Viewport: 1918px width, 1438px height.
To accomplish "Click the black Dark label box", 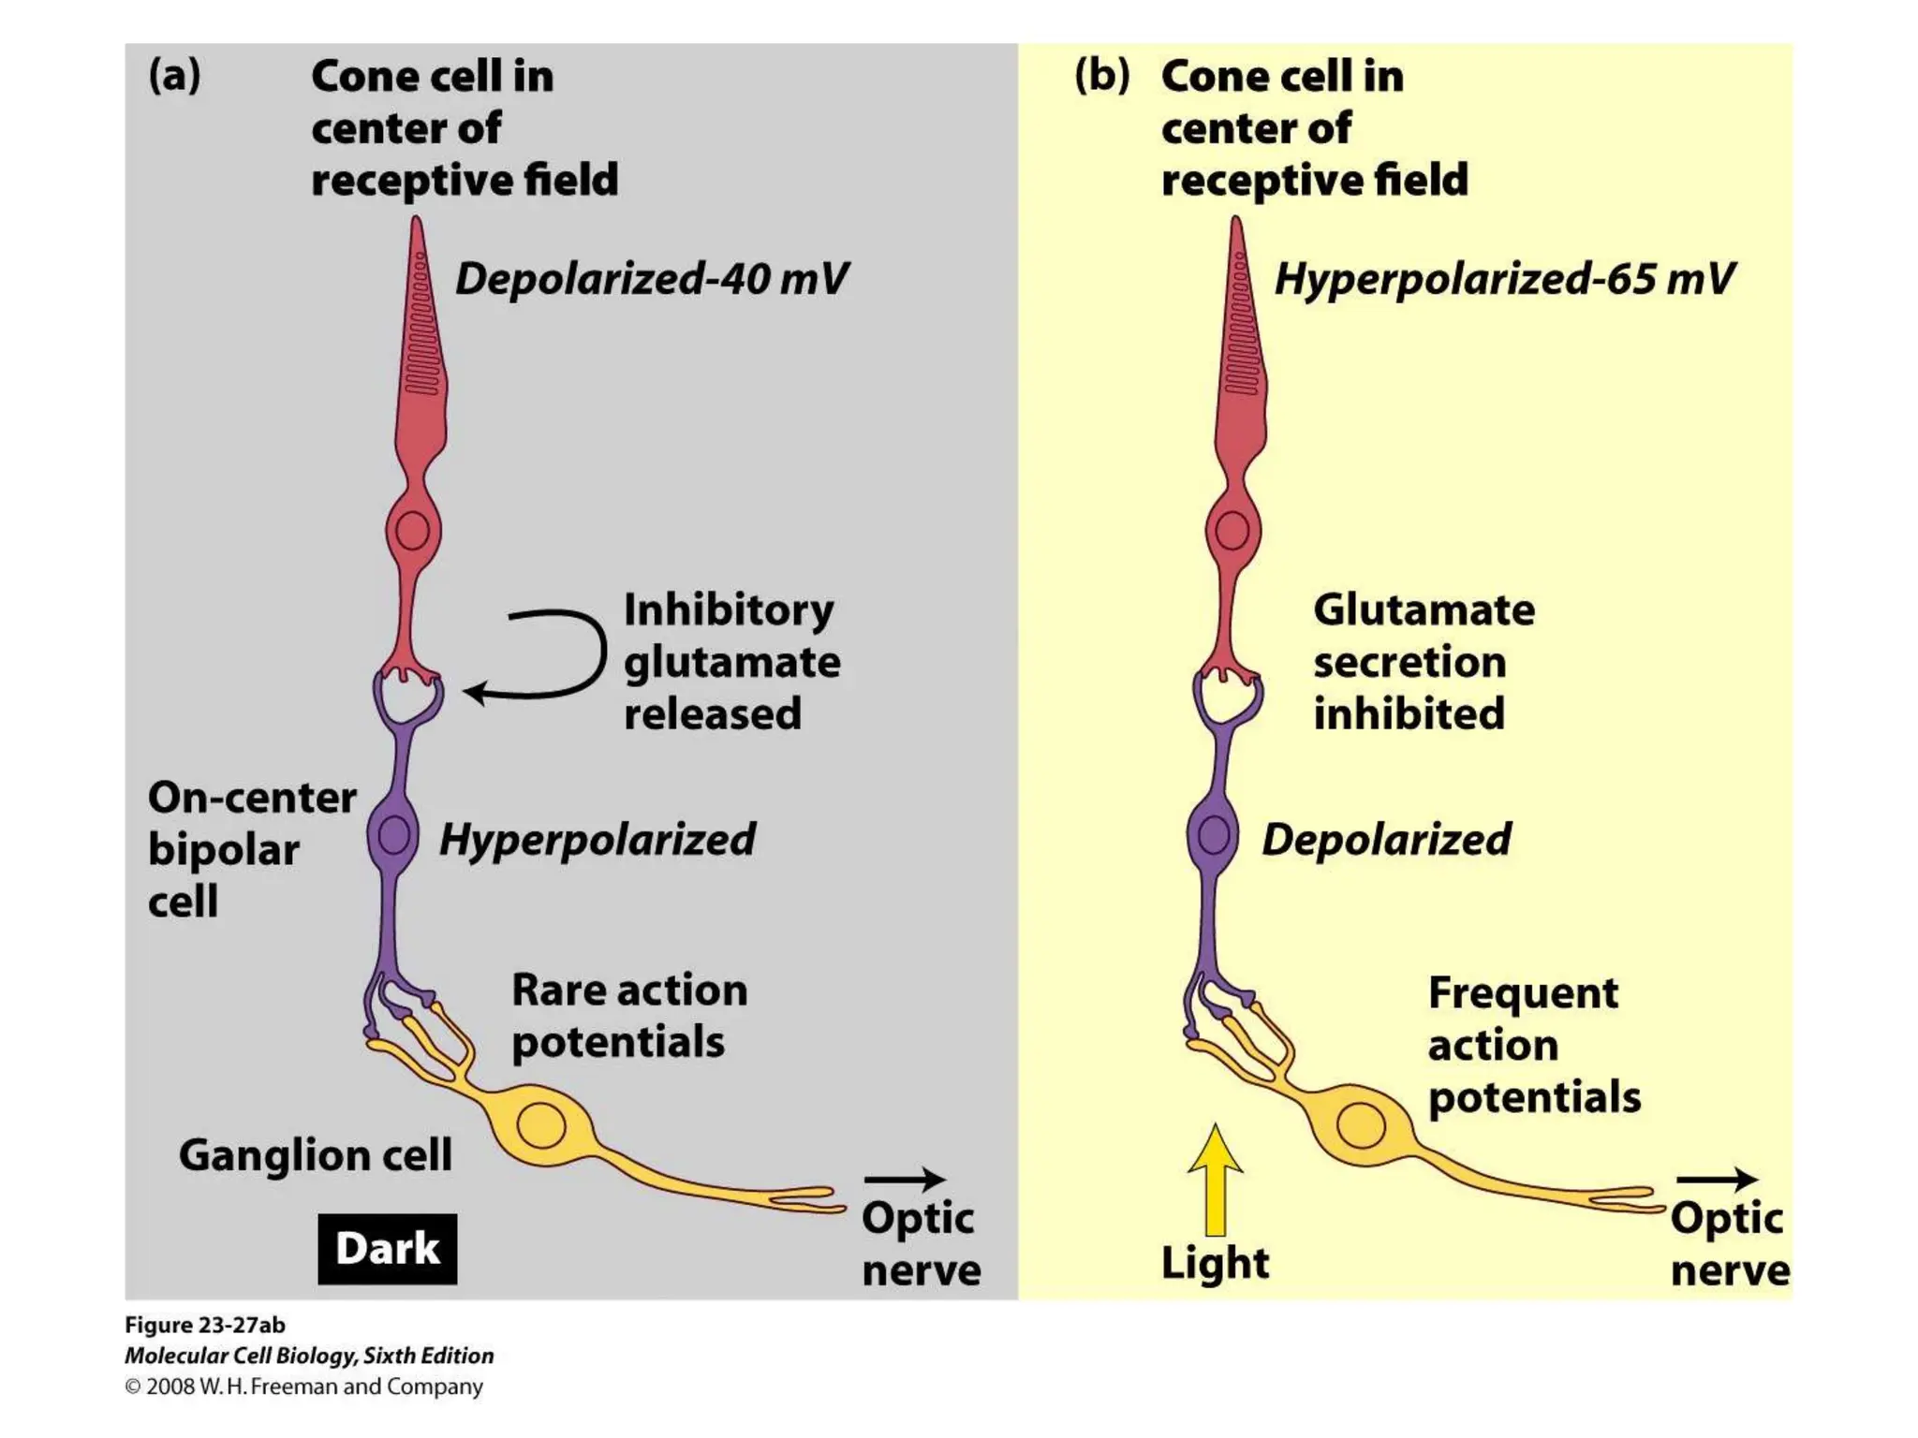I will click(x=387, y=1248).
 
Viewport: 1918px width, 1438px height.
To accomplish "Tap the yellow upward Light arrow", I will click(x=1215, y=1181).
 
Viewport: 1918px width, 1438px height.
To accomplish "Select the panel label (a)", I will click(x=174, y=75).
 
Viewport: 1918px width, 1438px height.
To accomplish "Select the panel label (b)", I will click(x=1101, y=75).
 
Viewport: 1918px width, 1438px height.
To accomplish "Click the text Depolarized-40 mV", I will click(x=652, y=279).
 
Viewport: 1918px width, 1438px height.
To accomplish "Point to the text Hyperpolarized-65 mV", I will click(x=1504, y=279).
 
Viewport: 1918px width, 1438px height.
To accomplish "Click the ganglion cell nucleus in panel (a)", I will click(x=540, y=1124).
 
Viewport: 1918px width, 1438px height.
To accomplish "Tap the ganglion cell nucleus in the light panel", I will click(x=1361, y=1124).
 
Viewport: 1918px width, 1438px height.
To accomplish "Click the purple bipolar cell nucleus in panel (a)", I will click(x=393, y=835).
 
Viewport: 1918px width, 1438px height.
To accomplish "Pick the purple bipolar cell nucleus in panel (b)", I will click(x=1214, y=835).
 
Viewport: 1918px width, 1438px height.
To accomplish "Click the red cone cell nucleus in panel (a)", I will click(x=412, y=531).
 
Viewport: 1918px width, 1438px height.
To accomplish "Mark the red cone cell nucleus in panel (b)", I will click(x=1232, y=531).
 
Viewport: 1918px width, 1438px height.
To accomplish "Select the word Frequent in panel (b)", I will click(x=1523, y=993).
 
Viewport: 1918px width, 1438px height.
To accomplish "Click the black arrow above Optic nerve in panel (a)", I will click(x=904, y=1180).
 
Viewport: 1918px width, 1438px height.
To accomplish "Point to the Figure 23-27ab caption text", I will click(x=204, y=1325).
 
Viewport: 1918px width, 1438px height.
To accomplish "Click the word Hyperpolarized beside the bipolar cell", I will click(x=598, y=840).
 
